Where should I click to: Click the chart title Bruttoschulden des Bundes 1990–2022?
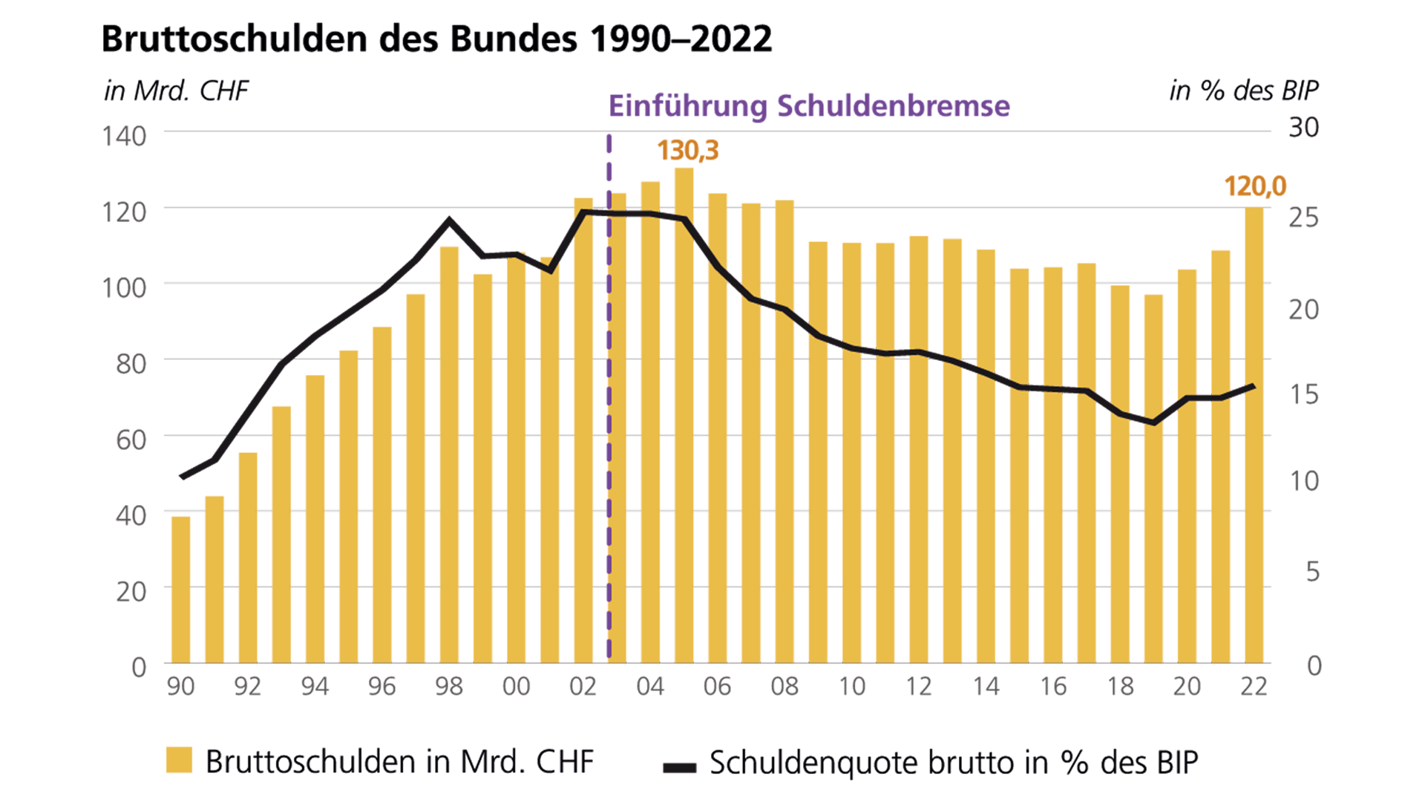(436, 39)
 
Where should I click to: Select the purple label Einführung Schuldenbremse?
(809, 106)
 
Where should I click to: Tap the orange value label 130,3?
(687, 151)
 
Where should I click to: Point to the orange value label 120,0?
(1254, 186)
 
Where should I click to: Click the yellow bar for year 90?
(181, 590)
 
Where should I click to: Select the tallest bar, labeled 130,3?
(684, 416)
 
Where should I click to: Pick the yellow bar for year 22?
(1254, 435)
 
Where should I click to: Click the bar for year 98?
(449, 454)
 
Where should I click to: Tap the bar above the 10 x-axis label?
(851, 453)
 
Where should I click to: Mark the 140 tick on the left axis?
(124, 137)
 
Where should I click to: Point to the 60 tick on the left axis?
(131, 440)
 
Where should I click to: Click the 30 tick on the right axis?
(1303, 128)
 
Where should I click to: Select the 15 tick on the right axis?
(1303, 394)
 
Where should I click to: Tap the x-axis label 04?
(650, 686)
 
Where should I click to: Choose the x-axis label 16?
(1052, 686)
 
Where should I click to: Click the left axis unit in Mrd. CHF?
(176, 91)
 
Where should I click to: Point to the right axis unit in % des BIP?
(1243, 91)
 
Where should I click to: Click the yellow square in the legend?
(179, 760)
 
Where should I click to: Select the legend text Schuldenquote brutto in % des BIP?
(953, 763)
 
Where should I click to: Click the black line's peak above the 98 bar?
(449, 219)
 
